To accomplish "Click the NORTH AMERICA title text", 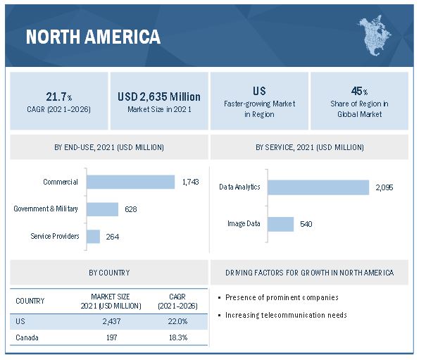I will tap(93, 37).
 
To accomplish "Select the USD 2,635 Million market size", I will tap(159, 97).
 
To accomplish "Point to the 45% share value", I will tap(360, 91).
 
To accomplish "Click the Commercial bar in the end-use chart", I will tap(131, 182).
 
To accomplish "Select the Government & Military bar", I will tap(103, 209).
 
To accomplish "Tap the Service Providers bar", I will tap(94, 236).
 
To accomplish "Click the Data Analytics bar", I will tap(318, 187).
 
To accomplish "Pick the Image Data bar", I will tap(280, 224).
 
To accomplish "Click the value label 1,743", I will tap(190, 182).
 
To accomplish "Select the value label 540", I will tap(306, 224).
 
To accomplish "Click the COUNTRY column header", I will tap(30, 301).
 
